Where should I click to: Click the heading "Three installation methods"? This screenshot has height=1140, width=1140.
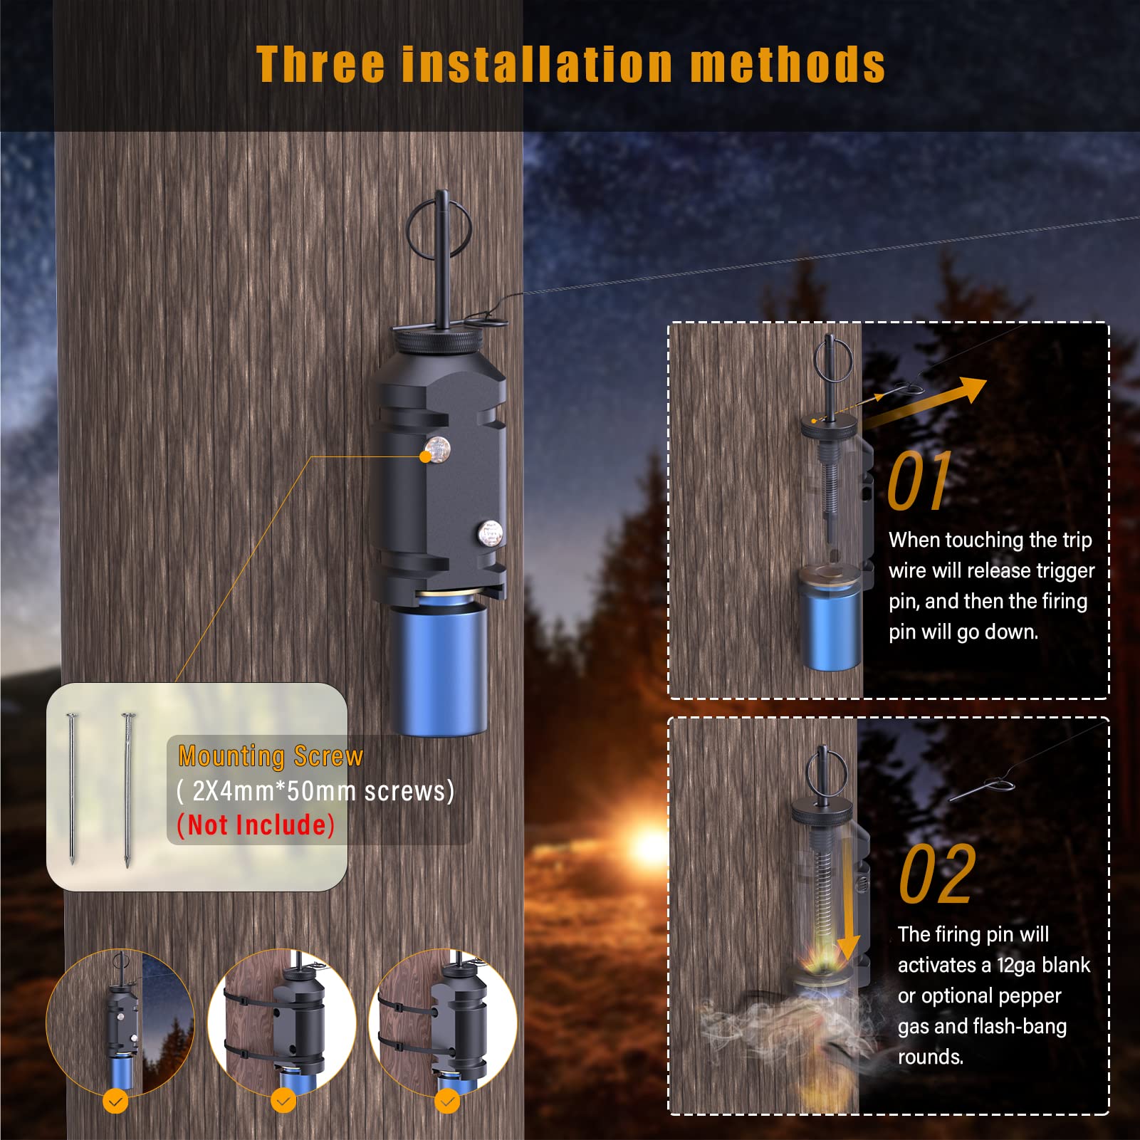click(570, 64)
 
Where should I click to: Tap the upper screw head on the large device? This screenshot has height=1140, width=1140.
click(436, 449)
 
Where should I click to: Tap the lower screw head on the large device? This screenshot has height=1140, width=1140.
click(489, 532)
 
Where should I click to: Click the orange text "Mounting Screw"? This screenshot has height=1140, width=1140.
click(271, 756)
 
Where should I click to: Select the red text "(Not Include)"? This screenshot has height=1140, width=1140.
click(256, 825)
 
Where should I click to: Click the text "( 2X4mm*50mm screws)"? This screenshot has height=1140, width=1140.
click(315, 791)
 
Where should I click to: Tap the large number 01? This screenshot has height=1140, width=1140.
click(919, 481)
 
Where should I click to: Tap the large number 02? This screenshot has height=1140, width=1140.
click(936, 874)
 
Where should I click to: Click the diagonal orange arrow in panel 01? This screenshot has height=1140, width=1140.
click(926, 402)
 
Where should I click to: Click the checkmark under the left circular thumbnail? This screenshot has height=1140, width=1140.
click(115, 1102)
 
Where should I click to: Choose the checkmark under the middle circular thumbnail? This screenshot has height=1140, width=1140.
click(283, 1102)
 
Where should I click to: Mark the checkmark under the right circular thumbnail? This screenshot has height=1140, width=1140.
click(447, 1102)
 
